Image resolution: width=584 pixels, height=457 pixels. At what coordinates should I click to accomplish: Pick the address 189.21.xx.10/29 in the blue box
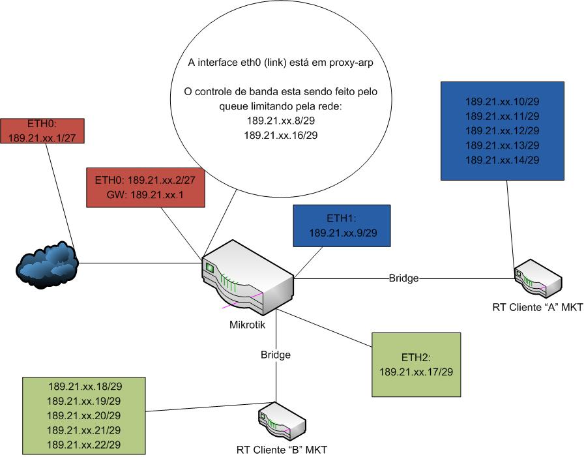coord(503,102)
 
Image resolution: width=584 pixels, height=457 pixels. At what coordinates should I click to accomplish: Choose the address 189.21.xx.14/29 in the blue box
coord(503,160)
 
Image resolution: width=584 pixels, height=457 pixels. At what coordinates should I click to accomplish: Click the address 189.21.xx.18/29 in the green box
coord(84,386)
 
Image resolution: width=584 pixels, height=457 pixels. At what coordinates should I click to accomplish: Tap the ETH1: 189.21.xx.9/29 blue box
coord(342,225)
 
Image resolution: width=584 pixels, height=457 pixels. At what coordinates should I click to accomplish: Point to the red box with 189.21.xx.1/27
coord(43,130)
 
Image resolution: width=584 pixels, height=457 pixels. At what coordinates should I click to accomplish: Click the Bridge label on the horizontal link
coord(403,278)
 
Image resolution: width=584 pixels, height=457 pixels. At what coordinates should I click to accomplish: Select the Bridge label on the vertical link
coord(276,355)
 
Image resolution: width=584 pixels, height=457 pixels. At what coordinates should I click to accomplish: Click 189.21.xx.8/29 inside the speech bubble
coord(280,121)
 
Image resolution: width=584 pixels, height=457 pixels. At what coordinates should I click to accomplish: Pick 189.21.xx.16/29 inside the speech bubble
coord(280,136)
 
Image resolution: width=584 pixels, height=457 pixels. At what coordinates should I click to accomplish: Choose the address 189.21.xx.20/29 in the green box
coord(84,415)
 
